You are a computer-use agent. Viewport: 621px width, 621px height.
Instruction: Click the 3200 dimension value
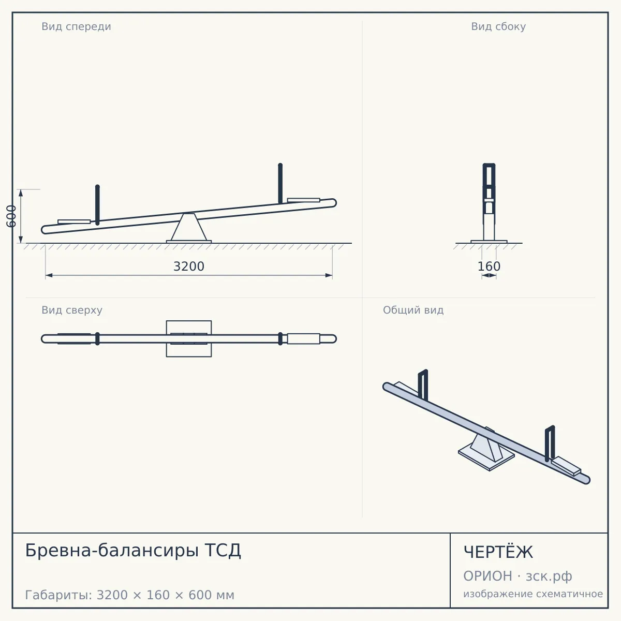(189, 267)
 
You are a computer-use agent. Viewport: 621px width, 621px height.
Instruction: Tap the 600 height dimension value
(11, 216)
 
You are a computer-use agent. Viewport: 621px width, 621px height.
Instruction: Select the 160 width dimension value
(489, 267)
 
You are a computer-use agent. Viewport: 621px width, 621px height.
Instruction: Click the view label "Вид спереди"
(77, 26)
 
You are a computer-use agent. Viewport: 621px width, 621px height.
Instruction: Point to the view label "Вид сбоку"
(498, 26)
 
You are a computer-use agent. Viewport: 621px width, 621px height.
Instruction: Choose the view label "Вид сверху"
(72, 310)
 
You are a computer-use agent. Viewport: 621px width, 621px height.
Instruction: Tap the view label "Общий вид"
(413, 310)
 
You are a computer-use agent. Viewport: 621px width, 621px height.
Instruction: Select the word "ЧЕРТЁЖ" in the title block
(498, 552)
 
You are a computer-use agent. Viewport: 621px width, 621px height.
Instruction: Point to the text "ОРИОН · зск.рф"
(517, 576)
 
